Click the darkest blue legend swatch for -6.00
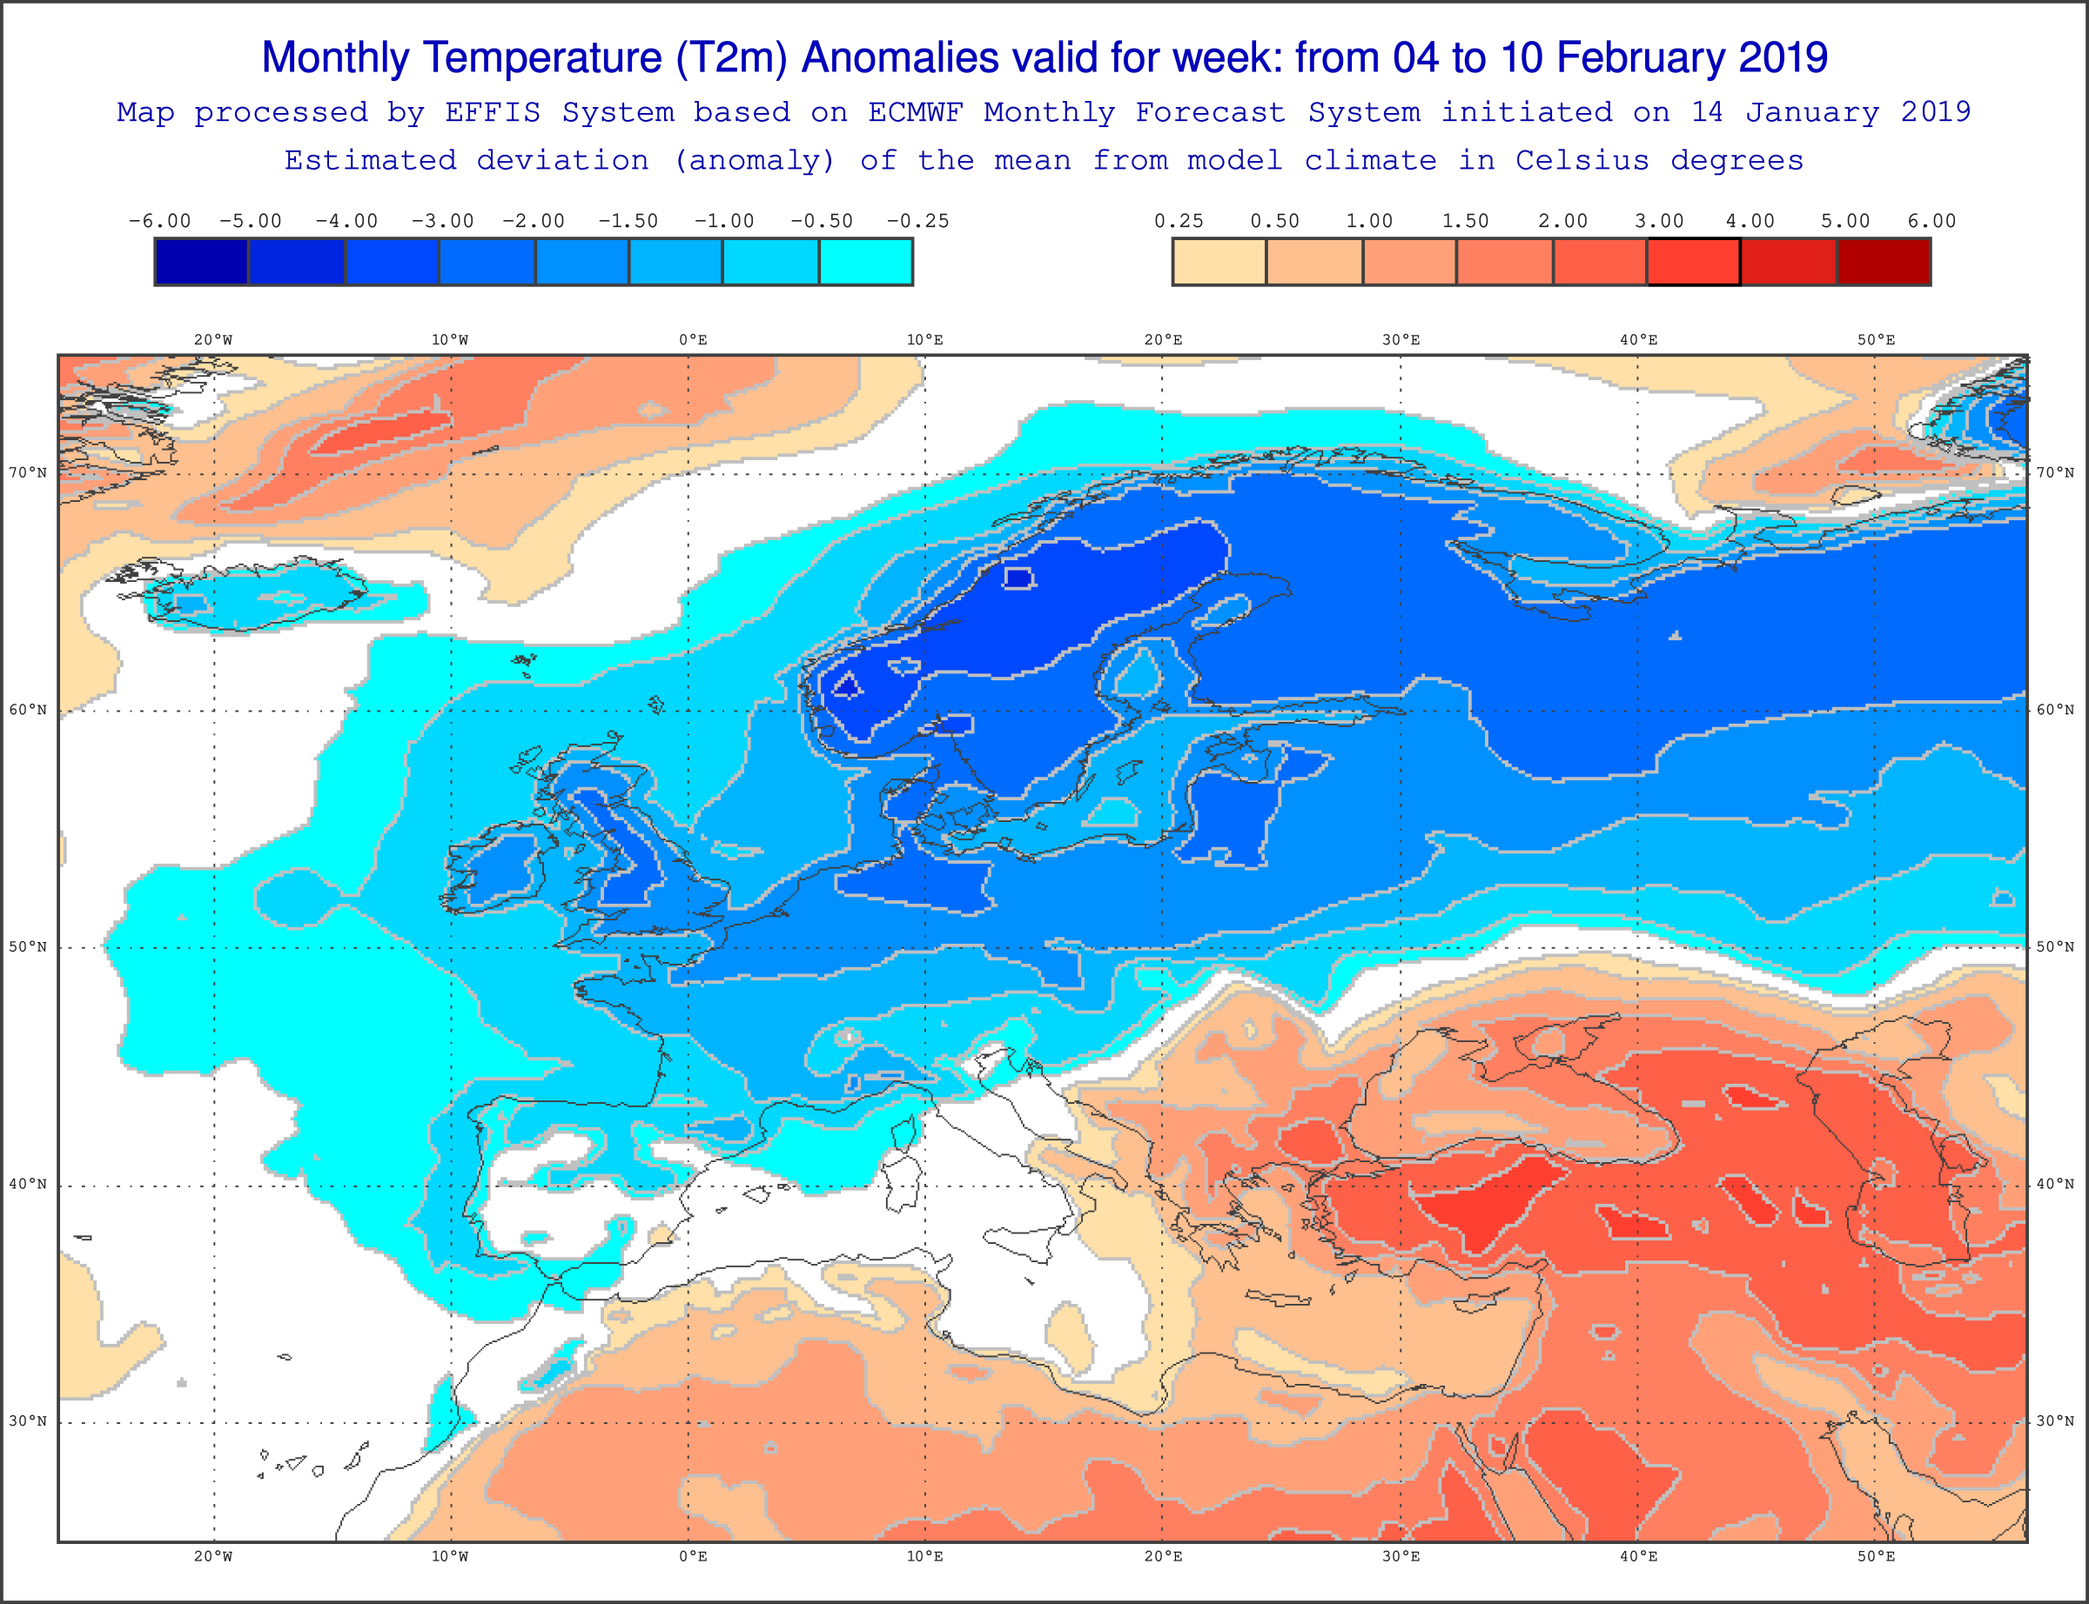(x=202, y=262)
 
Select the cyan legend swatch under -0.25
(x=866, y=262)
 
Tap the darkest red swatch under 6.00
(x=1884, y=262)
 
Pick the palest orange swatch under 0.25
(x=1219, y=262)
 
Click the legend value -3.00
(x=442, y=221)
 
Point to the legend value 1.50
(x=1465, y=221)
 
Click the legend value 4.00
(x=1750, y=221)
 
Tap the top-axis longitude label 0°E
(x=694, y=340)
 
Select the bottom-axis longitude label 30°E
(x=1401, y=1556)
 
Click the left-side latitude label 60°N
(x=28, y=710)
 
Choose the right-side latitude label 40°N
(x=2056, y=1184)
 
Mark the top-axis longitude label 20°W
(x=213, y=340)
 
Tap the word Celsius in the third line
(x=1582, y=160)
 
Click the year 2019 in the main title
(x=1783, y=58)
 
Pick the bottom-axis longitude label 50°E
(x=1877, y=1556)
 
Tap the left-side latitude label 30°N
(x=28, y=1420)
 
